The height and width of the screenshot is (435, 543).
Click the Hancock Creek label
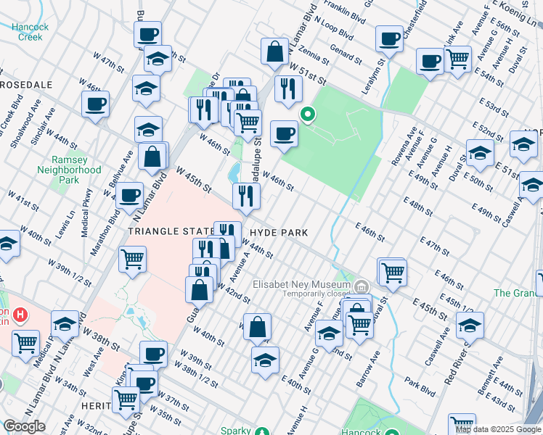click(x=30, y=32)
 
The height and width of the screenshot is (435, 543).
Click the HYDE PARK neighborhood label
click(x=279, y=233)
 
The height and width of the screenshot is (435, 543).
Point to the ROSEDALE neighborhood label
click(x=27, y=85)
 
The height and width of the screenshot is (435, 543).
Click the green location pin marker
click(x=308, y=115)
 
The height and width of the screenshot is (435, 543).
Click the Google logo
click(x=24, y=426)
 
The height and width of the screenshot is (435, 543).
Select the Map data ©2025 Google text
click(x=499, y=429)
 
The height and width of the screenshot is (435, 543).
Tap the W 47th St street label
click(x=114, y=63)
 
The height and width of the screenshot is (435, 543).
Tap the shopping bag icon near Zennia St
click(x=275, y=53)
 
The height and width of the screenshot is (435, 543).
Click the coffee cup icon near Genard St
click(x=389, y=39)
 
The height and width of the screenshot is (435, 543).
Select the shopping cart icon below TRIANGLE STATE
click(x=132, y=259)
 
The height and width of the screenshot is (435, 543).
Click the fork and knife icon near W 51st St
click(x=288, y=88)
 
